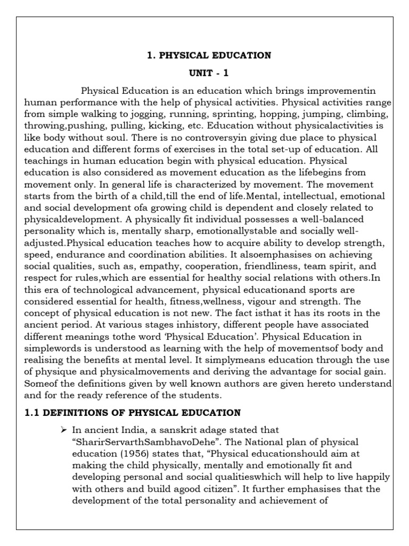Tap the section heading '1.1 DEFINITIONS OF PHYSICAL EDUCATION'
133,413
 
